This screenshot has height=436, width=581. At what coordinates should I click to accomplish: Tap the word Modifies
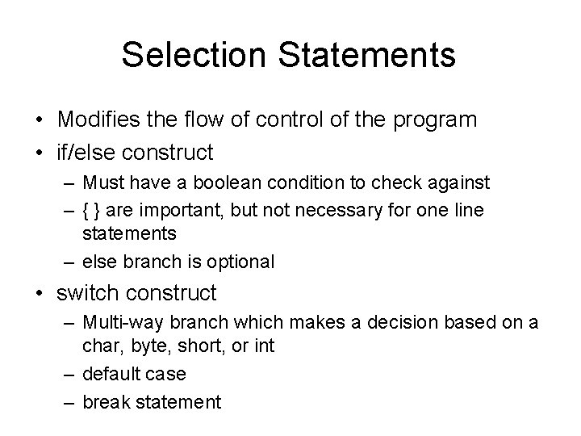[96, 119]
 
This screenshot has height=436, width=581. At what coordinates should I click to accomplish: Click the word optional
[240, 262]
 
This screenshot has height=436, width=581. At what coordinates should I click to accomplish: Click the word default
[109, 374]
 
